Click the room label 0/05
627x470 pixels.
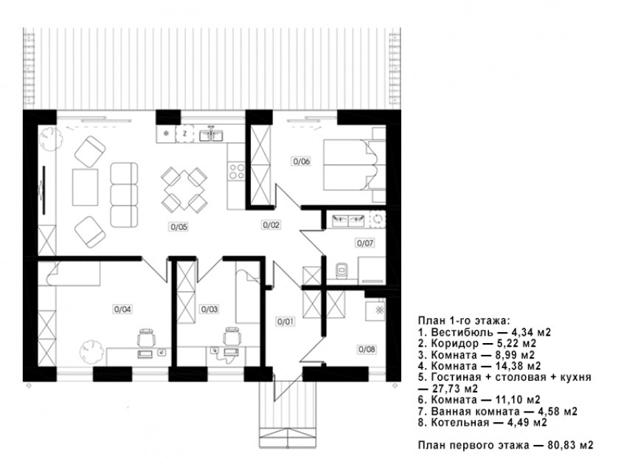tap(179, 227)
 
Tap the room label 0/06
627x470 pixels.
tap(302, 161)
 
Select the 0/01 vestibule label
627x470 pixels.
tap(286, 321)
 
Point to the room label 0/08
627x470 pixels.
tap(367, 349)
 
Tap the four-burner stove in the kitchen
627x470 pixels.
tap(236, 172)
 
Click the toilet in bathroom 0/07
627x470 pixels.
tap(342, 270)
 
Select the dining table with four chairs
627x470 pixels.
tap(184, 190)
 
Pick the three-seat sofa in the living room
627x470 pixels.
tap(125, 194)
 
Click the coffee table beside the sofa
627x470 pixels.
tap(85, 187)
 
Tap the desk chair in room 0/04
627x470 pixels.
tap(146, 337)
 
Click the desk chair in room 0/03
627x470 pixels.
tap(232, 336)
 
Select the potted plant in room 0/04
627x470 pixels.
tap(91, 351)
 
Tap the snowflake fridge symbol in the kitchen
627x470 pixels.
tap(167, 134)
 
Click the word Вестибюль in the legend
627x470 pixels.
tap(463, 332)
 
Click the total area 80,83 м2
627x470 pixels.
tap(571, 445)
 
